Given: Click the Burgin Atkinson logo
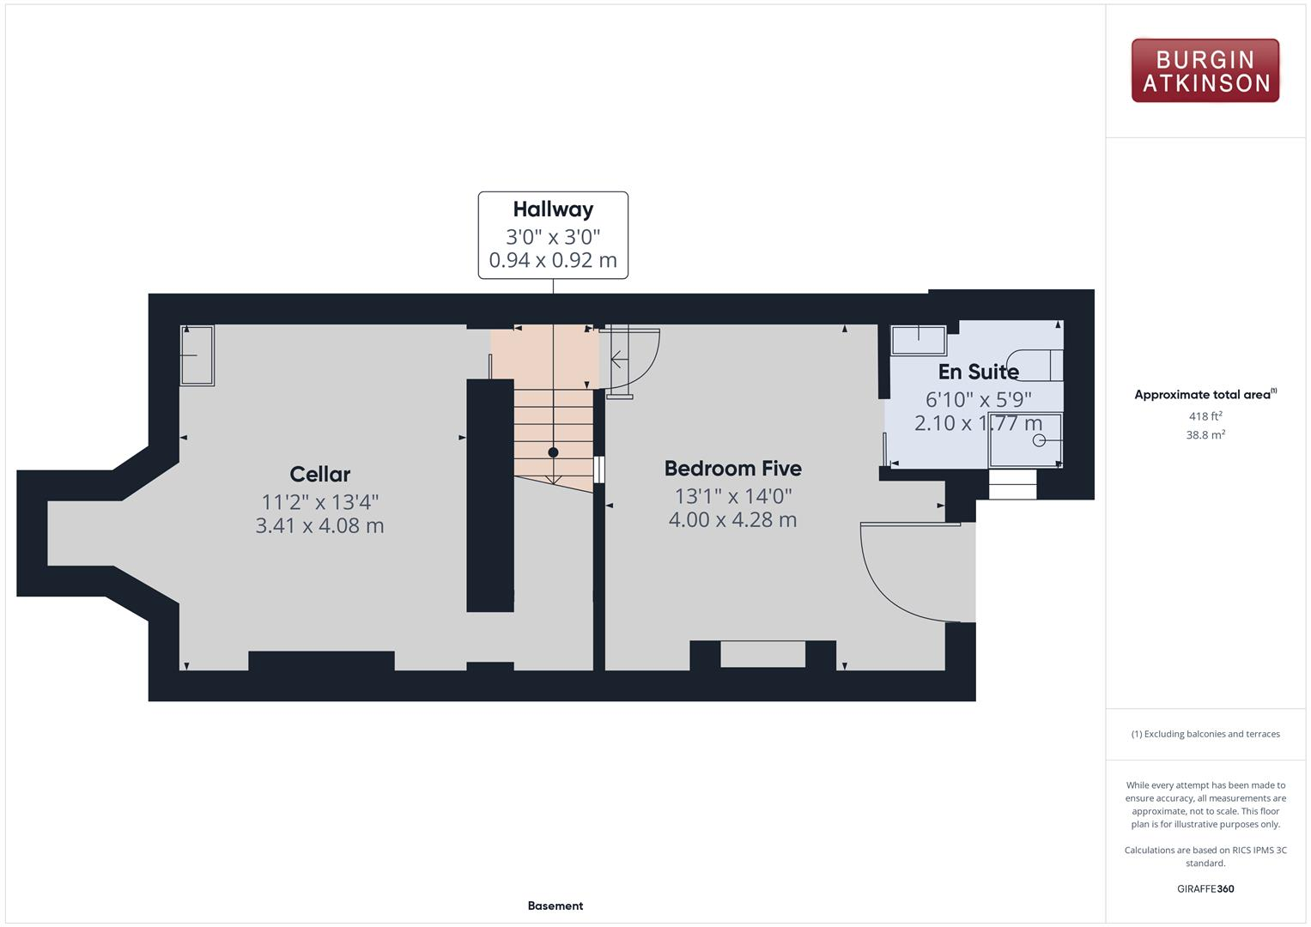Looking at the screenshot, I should coord(1205,70).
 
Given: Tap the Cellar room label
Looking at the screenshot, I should coord(319,474).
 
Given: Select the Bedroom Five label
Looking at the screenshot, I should coord(732,469).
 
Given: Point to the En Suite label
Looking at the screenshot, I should coord(978,372).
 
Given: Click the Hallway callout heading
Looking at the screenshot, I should coord(553,209).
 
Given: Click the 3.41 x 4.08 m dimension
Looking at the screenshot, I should coord(319,525).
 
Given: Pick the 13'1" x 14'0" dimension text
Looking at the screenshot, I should coord(732,495).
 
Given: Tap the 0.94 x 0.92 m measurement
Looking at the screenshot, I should coord(553,260).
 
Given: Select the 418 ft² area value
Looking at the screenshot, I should coord(1205,416).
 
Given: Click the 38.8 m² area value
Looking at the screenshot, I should coord(1205,435).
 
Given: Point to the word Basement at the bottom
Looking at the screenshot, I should coord(555,906).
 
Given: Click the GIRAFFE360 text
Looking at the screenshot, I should coord(1205,888).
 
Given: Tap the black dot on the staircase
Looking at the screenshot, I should coord(553,452).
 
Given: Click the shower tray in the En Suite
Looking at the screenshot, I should coord(1025,440).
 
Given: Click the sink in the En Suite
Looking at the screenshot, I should coord(918,340).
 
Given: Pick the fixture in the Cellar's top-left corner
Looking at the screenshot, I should coord(197,354).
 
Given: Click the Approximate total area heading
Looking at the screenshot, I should coord(1205,395).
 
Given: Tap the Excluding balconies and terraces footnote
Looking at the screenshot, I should coord(1205,734).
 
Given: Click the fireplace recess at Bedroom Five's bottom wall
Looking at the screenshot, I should coord(762,654).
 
